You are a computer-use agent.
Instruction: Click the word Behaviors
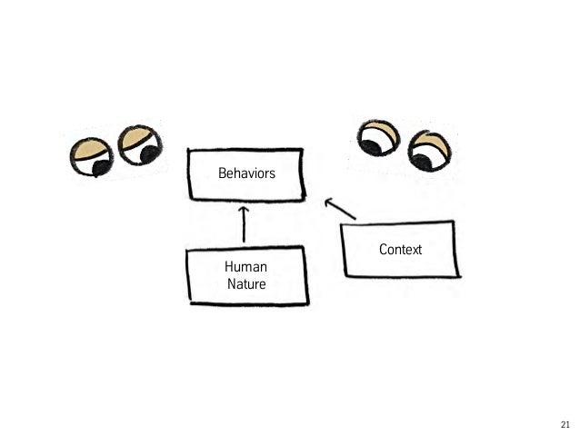click(245, 173)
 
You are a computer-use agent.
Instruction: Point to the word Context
click(400, 249)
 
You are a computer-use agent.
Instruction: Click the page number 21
click(565, 425)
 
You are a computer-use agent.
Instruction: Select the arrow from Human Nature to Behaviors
click(244, 226)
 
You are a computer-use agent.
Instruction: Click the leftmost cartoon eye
click(94, 158)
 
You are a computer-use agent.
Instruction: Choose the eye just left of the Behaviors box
click(139, 145)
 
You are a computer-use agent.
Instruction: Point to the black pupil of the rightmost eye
click(422, 161)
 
